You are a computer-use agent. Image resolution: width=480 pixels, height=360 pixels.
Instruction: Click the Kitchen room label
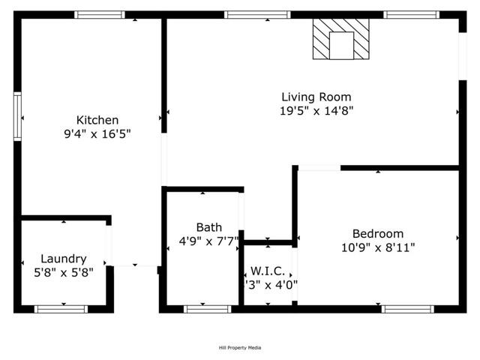click(97, 120)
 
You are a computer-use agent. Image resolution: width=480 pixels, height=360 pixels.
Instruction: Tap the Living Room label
click(316, 97)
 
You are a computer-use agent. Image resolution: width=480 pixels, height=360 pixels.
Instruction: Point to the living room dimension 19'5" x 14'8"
click(316, 111)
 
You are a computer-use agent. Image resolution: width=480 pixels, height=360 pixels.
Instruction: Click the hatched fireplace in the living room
click(341, 40)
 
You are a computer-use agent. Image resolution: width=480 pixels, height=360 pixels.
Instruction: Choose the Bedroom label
click(378, 233)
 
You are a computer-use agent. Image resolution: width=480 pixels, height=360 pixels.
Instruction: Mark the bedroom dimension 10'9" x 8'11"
click(378, 247)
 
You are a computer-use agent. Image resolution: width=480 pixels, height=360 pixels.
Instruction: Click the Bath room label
click(208, 227)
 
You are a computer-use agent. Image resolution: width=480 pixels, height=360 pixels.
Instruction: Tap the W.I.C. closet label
click(267, 271)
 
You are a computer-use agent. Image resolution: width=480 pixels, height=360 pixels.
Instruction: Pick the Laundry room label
click(63, 259)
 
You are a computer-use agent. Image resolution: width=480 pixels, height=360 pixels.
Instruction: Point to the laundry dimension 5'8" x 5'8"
click(63, 273)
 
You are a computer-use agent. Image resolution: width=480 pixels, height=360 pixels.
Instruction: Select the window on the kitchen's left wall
click(17, 116)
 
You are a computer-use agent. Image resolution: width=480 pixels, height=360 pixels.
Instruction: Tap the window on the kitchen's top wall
click(100, 14)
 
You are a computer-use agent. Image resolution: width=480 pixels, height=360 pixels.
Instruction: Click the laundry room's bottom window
click(61, 308)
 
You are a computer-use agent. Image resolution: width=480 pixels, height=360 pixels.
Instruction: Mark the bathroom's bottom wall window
click(208, 308)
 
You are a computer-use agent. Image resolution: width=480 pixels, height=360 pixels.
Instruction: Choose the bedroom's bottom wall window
click(407, 308)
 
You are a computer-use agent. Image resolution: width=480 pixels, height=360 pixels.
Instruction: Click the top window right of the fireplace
click(411, 14)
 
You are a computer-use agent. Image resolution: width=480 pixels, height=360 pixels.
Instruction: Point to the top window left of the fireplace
click(256, 14)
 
